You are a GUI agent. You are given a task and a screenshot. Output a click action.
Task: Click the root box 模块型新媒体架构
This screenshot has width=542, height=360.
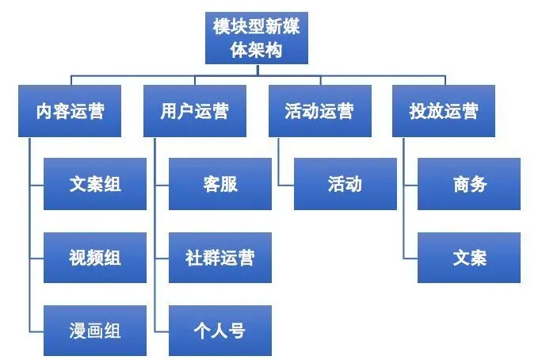(256, 37)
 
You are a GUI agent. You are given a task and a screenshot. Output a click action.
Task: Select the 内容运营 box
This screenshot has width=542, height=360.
(70, 111)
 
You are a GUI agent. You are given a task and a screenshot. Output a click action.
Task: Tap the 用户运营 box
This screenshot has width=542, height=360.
(194, 111)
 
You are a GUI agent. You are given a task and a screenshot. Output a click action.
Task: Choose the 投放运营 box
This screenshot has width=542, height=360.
(444, 111)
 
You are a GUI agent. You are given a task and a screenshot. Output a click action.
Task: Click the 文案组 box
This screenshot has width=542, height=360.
(95, 184)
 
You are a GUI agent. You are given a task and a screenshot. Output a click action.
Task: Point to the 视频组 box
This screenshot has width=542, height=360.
(95, 257)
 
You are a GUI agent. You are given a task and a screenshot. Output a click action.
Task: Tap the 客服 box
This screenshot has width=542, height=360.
(219, 184)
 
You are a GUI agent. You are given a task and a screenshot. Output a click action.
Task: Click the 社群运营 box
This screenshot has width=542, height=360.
(219, 257)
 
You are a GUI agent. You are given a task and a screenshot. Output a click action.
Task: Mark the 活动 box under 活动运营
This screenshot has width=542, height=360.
(345, 184)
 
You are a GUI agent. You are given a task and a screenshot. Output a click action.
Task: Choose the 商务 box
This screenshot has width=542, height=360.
(469, 184)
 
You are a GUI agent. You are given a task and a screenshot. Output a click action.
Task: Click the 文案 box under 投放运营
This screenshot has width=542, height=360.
(469, 257)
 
